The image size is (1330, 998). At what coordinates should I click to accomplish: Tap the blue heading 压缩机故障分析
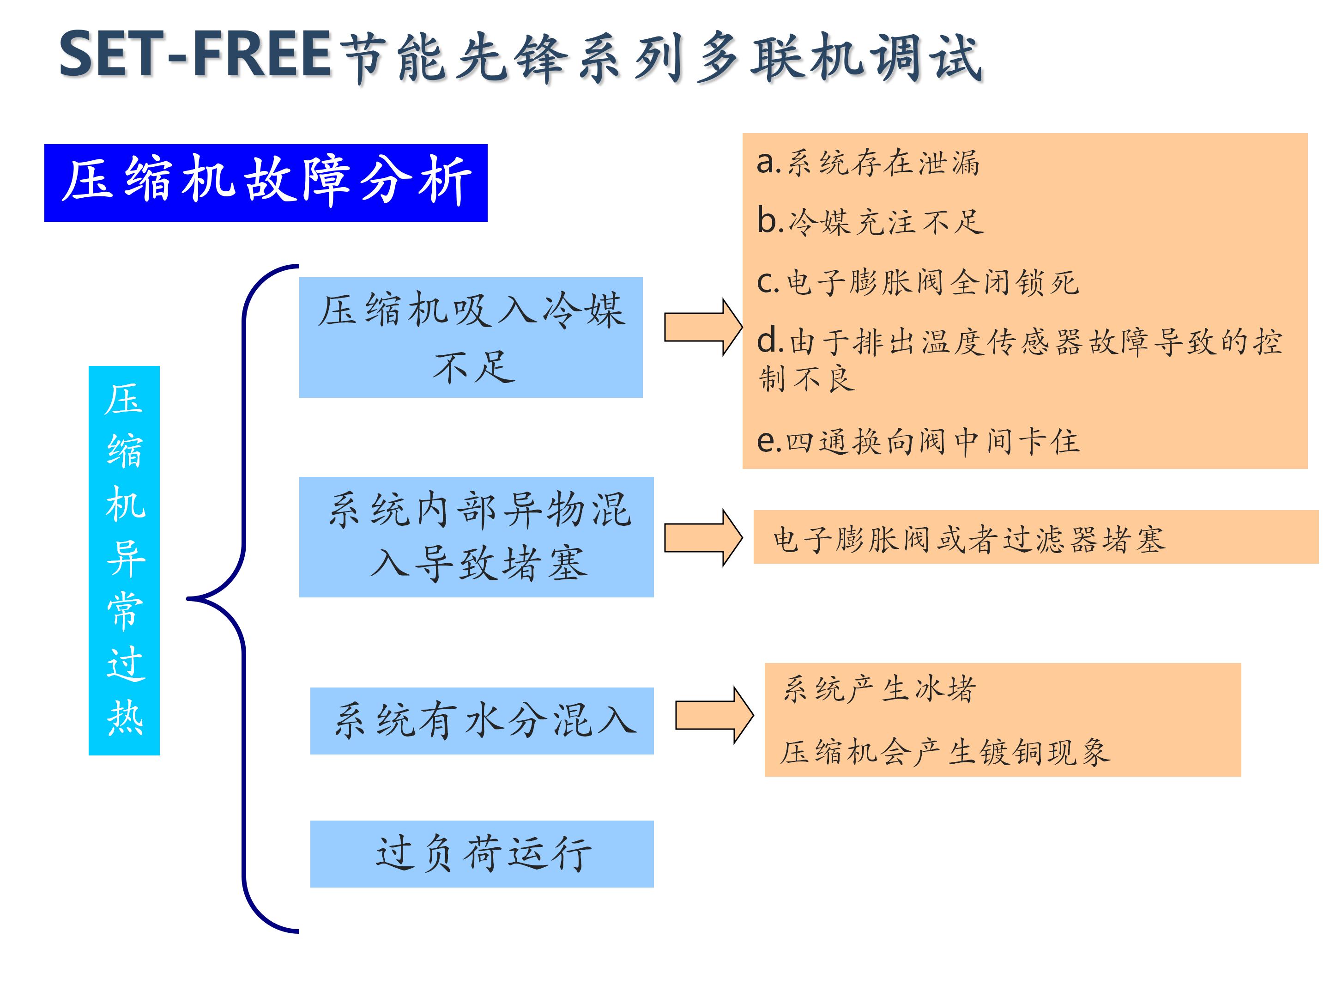tap(266, 183)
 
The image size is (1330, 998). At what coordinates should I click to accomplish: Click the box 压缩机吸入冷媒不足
tap(471, 337)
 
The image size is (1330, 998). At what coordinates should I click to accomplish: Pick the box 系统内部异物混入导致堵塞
tap(476, 536)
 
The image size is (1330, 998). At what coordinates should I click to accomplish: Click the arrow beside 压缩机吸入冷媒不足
tap(702, 327)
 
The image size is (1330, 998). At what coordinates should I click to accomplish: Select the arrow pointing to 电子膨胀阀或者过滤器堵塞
tap(702, 537)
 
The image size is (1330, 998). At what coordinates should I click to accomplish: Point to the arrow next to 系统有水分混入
tap(713, 715)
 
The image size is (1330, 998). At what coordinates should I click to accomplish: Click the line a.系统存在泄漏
tap(868, 163)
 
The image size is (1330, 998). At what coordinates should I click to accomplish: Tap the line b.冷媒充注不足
tap(870, 221)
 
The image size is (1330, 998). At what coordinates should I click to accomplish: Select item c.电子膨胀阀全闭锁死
tap(918, 282)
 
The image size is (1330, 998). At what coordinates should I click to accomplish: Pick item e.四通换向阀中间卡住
tap(918, 442)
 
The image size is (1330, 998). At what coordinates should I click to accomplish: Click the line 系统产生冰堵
tap(879, 689)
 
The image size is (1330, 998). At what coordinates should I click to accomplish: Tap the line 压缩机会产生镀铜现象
tap(944, 752)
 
